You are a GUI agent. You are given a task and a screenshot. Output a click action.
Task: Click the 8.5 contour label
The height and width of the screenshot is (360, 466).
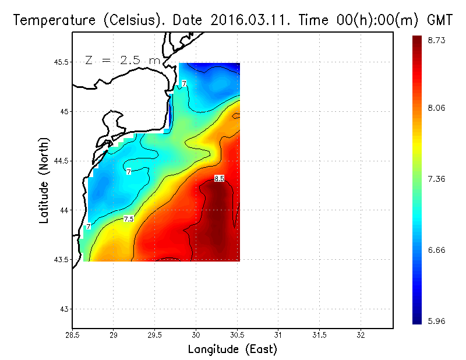[219, 179]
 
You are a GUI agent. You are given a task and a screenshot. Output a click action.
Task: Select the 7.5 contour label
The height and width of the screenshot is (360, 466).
[129, 219]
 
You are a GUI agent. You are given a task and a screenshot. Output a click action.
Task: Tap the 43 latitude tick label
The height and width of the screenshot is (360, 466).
[63, 309]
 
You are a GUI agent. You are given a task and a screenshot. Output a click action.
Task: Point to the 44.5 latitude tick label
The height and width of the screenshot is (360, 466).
[59, 161]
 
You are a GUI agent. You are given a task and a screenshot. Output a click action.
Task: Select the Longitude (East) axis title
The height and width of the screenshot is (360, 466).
[232, 350]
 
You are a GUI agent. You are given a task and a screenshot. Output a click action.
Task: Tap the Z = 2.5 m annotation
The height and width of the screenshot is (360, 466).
[122, 60]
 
